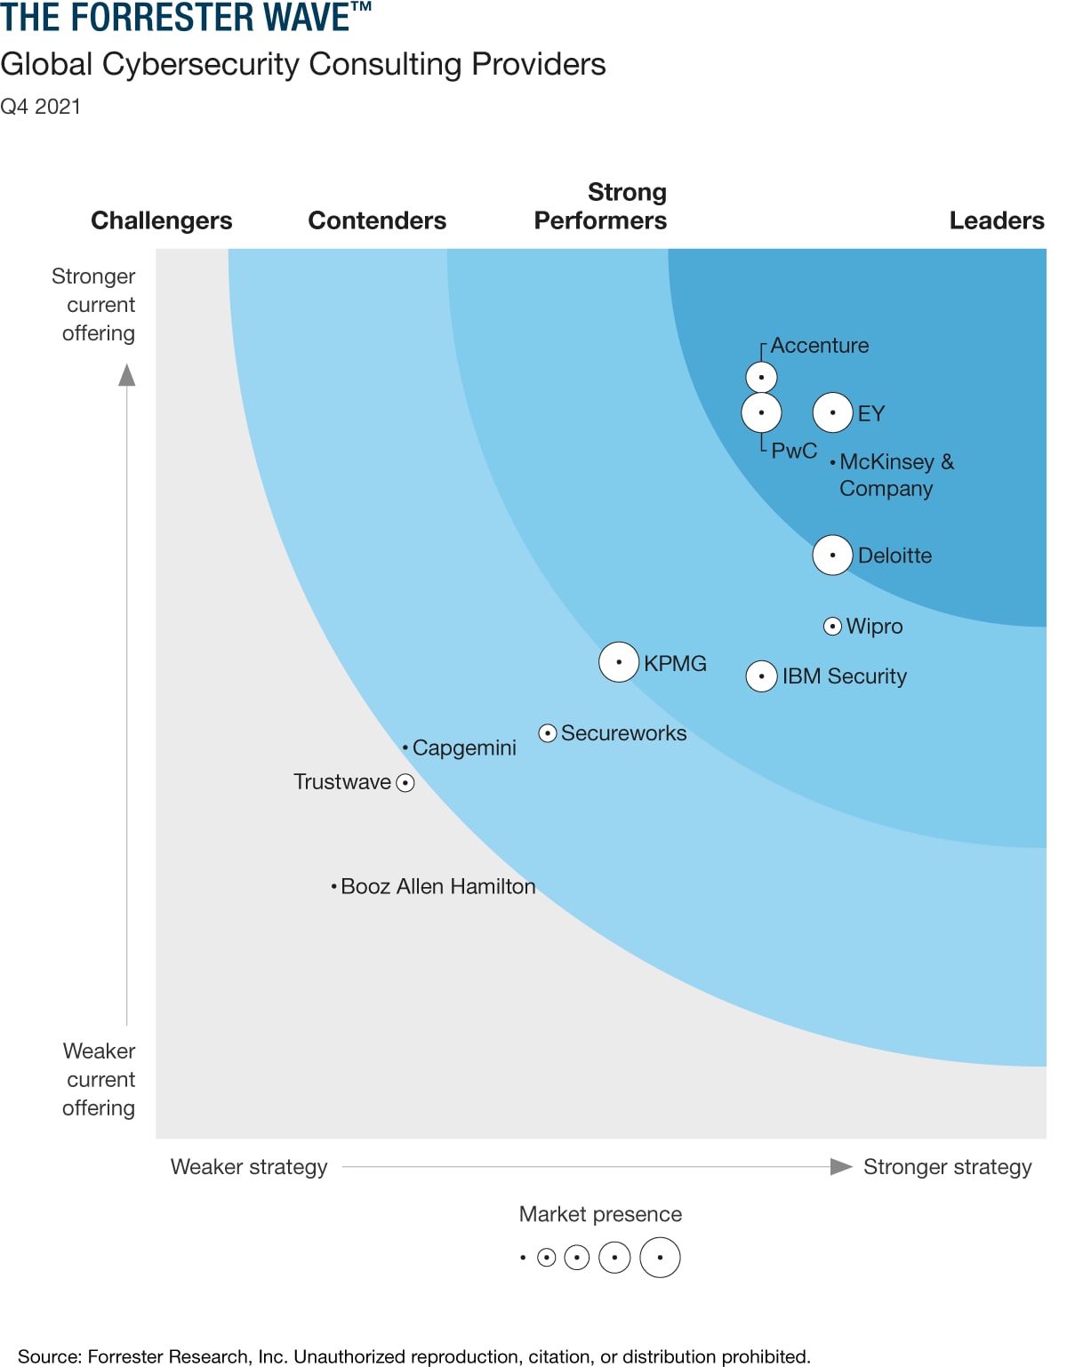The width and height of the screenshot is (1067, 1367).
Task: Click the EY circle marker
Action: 832,412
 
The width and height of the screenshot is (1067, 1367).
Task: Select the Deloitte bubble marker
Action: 832,556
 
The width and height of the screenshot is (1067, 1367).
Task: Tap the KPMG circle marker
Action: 619,662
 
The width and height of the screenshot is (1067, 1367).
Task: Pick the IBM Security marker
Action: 761,676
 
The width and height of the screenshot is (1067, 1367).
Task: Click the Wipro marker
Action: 832,627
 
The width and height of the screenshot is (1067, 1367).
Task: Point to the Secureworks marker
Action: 548,733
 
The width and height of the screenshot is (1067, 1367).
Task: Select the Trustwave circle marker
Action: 405,783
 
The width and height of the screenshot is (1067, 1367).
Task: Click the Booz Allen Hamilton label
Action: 437,886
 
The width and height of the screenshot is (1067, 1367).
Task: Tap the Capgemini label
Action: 464,747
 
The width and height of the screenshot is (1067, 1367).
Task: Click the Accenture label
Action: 819,346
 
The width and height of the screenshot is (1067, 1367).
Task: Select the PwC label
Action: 794,451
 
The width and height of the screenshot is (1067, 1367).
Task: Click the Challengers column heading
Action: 162,220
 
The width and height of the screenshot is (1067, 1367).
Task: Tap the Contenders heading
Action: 377,220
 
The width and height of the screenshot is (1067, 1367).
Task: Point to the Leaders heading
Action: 996,220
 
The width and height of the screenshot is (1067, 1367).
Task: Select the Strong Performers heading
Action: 601,206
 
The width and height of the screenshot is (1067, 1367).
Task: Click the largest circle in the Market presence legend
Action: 660,1258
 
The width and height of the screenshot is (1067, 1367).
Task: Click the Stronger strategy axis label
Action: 947,1167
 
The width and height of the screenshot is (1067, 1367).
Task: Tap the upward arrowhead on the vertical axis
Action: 127,375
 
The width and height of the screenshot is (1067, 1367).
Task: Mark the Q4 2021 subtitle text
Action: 41,107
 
